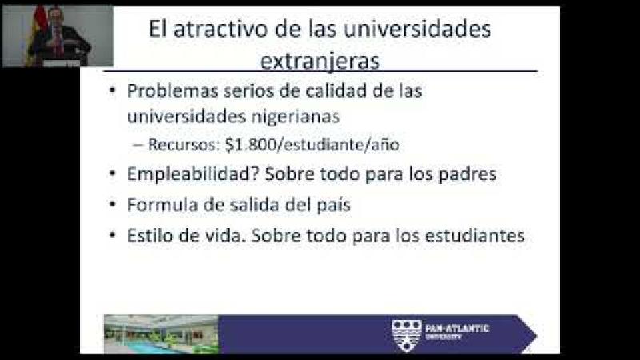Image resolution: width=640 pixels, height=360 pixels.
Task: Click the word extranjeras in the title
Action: [319, 62]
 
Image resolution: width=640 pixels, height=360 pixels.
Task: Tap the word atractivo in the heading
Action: [221, 29]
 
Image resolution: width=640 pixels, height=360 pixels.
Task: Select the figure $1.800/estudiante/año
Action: [312, 145]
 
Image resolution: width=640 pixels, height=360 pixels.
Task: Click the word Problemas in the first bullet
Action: [173, 90]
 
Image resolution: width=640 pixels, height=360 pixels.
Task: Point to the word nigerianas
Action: [295, 117]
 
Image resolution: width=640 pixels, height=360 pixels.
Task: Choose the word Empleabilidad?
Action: [194, 174]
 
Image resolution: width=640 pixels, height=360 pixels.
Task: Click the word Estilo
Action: [150, 235]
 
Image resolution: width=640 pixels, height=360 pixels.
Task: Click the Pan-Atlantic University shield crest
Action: [406, 335]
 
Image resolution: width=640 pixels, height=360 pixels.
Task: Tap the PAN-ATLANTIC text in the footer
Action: [457, 329]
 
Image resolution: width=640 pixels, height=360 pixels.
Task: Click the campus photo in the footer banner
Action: [162, 334]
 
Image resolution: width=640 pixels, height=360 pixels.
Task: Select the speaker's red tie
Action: [58, 42]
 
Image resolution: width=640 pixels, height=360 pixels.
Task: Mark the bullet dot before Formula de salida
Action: [113, 204]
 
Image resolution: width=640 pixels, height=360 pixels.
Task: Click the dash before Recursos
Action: [138, 145]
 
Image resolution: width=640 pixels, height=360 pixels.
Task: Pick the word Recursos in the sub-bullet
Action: [184, 145]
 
